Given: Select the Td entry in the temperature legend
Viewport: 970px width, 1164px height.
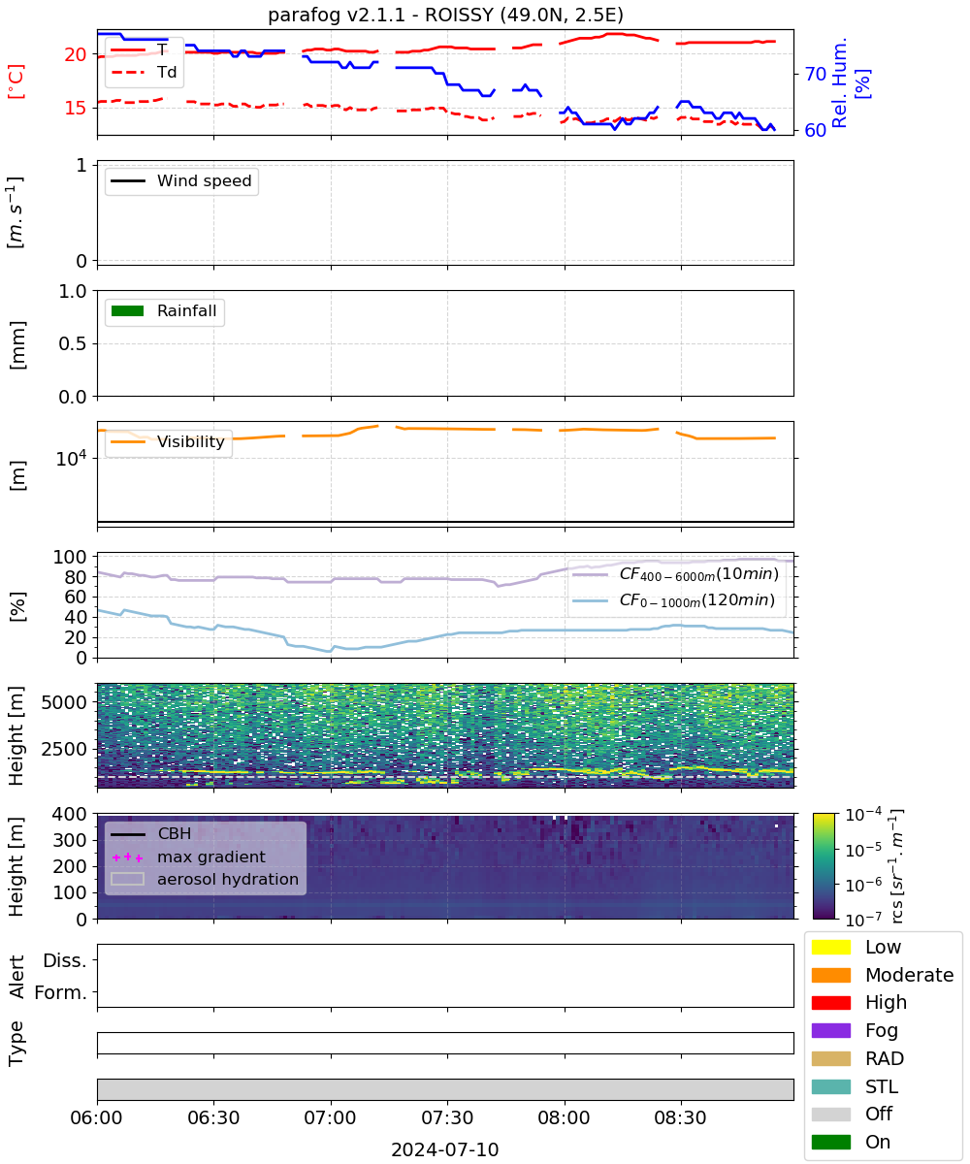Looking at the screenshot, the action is pos(144,73).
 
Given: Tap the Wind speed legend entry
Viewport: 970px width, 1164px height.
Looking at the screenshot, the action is pos(181,180).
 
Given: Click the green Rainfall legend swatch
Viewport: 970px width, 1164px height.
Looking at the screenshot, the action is pos(128,311).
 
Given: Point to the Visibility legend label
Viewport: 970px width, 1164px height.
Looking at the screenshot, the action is pos(191,441).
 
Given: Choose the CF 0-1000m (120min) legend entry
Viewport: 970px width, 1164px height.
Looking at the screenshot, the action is pos(673,600).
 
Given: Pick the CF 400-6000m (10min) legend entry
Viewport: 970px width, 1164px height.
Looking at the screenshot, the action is pos(675,574).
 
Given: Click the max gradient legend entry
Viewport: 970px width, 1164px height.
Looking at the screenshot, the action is pos(188,857).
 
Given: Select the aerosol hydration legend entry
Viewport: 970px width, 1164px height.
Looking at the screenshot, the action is pos(205,879).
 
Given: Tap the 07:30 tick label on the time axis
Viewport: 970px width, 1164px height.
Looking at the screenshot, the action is pos(447,1117).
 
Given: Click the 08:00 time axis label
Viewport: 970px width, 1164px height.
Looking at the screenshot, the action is pos(565,1117).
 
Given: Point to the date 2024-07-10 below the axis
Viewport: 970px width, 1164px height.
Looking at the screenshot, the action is pos(445,1149).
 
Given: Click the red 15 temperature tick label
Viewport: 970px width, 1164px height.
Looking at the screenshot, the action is pos(76,108).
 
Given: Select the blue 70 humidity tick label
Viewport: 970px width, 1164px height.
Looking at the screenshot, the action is pos(815,74).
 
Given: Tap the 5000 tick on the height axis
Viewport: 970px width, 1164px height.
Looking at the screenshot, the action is pos(64,702).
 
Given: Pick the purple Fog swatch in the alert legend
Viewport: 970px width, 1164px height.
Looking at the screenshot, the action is pos(830,1030).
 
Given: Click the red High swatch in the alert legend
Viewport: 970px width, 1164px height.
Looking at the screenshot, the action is pos(830,1002).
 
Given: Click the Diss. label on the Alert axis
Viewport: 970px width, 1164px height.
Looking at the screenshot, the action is pos(65,960).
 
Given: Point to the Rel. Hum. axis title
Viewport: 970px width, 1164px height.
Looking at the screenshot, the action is pos(840,82).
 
